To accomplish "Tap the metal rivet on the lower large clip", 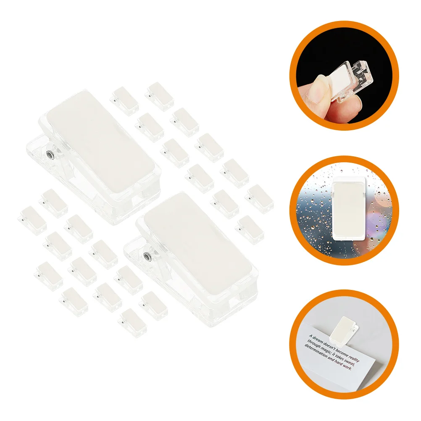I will pyautogui.click(x=147, y=256).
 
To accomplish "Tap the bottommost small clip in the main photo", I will pyautogui.click(x=133, y=322).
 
